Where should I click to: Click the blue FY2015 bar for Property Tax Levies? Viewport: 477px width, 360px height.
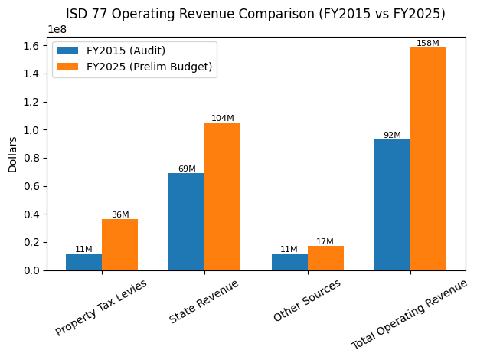click(83, 262)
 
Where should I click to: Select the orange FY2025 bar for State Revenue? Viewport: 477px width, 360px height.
click(222, 197)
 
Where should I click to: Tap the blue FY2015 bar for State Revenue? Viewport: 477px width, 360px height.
click(186, 222)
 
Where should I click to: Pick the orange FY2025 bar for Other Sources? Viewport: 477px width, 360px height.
click(325, 258)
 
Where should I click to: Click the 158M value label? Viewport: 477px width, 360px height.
click(428, 44)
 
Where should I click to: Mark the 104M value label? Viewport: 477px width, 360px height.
click(222, 119)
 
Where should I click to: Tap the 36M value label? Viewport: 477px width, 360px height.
click(119, 215)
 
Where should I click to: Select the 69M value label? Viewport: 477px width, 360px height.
click(186, 169)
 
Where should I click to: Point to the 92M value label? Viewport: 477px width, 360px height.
click(392, 136)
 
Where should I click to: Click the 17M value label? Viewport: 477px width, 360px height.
click(325, 242)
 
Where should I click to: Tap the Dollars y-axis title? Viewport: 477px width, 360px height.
click(12, 154)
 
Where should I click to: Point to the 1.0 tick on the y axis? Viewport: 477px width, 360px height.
click(33, 130)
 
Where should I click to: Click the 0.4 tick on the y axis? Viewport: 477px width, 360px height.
click(33, 214)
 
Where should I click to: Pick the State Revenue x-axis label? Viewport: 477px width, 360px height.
click(204, 303)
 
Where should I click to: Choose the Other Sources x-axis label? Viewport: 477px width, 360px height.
click(306, 301)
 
